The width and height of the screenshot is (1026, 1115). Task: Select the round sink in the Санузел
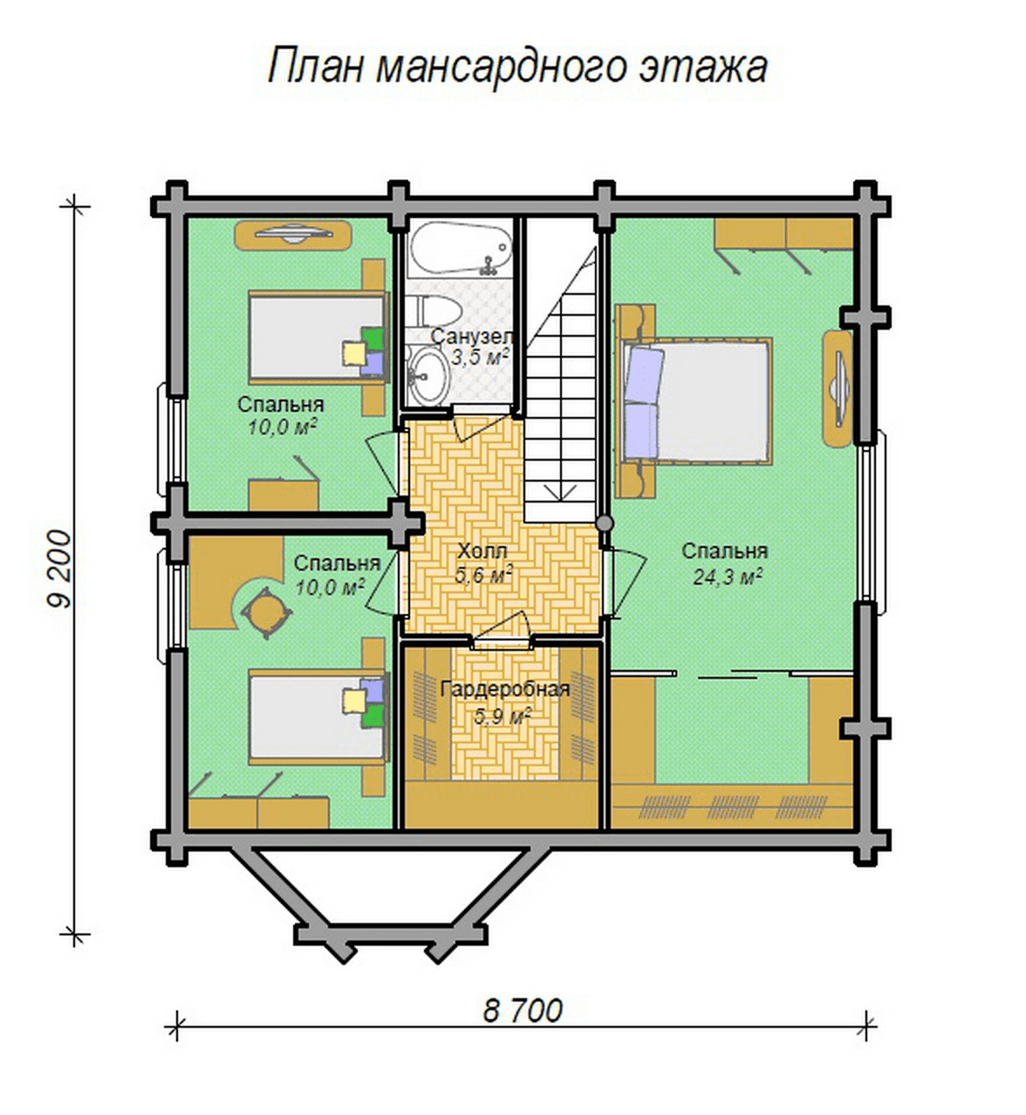pyautogui.click(x=428, y=374)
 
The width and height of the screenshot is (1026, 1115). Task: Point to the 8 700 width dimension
pyautogui.click(x=523, y=1010)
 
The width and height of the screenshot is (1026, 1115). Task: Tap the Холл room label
pyautogui.click(x=482, y=551)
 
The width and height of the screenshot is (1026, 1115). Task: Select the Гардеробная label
pyautogui.click(x=505, y=689)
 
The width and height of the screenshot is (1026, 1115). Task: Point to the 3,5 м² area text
pyautogui.click(x=480, y=358)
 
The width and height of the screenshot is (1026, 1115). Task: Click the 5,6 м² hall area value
pyautogui.click(x=482, y=576)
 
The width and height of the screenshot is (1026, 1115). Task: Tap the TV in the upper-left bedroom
pyautogui.click(x=294, y=234)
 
